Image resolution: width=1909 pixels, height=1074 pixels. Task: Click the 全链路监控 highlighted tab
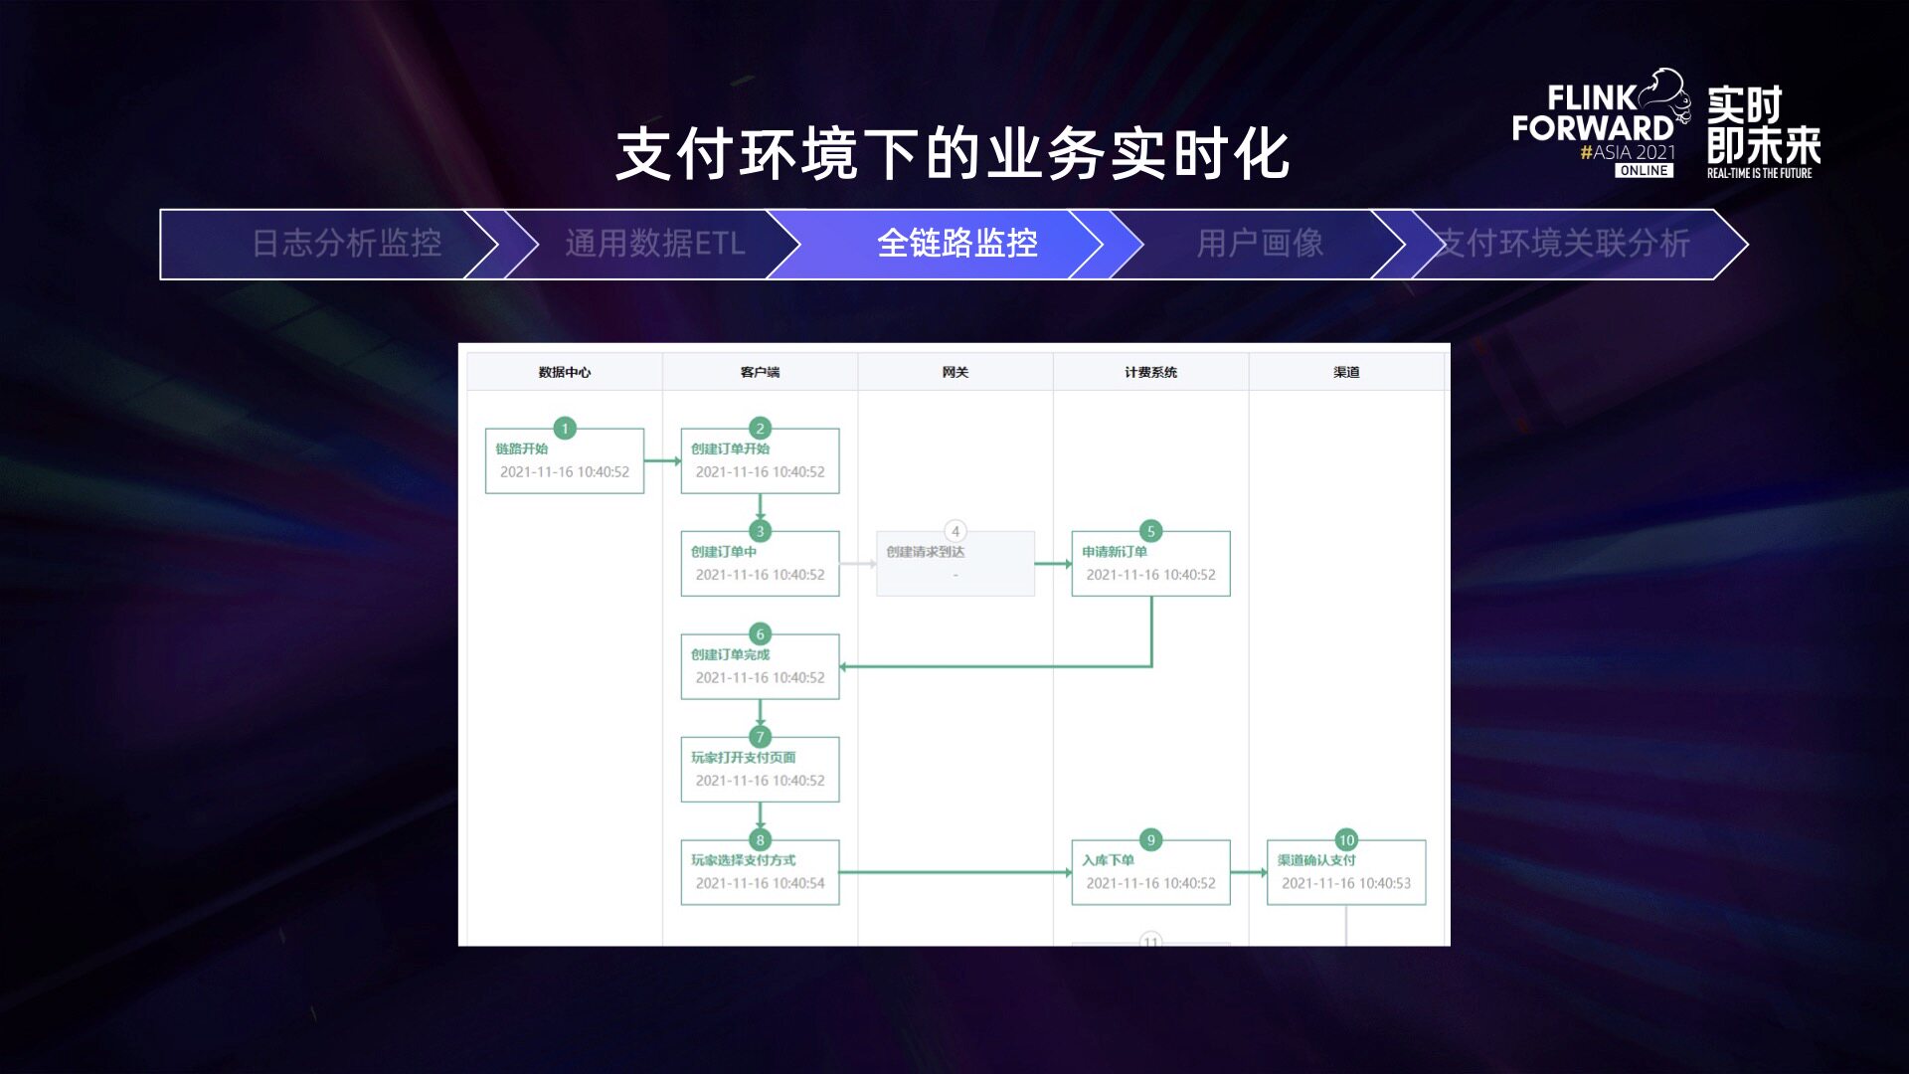coord(956,244)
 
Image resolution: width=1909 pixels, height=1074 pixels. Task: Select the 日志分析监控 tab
coord(346,244)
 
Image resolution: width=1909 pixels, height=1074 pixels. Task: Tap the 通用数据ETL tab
coord(654,244)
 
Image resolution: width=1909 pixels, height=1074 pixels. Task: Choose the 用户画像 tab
coord(1260,244)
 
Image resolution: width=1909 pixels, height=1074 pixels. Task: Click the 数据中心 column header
coord(564,372)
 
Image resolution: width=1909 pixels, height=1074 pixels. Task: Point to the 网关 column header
coord(954,372)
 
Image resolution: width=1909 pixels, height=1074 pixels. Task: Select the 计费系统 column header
coord(1150,372)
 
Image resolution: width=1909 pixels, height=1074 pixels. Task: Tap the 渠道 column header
coord(1346,372)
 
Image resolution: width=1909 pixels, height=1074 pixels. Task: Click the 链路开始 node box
coord(564,461)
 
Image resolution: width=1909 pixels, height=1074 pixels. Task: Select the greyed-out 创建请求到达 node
coord(954,564)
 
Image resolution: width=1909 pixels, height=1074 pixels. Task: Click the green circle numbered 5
coord(1150,531)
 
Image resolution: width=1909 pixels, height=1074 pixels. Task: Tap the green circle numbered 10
coord(1346,840)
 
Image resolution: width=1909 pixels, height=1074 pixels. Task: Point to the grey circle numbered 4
coord(954,531)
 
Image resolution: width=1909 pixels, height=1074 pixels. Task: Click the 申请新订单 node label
coord(1115,552)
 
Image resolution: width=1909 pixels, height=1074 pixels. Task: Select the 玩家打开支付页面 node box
coord(760,770)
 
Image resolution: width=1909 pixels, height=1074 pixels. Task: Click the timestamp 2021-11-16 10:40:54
coord(760,883)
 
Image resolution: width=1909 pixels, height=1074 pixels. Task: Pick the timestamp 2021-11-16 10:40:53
coord(1345,883)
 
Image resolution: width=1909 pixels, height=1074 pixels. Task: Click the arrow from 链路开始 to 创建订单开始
coord(662,460)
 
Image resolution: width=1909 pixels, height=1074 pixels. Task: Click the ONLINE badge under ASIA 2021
coord(1644,171)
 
